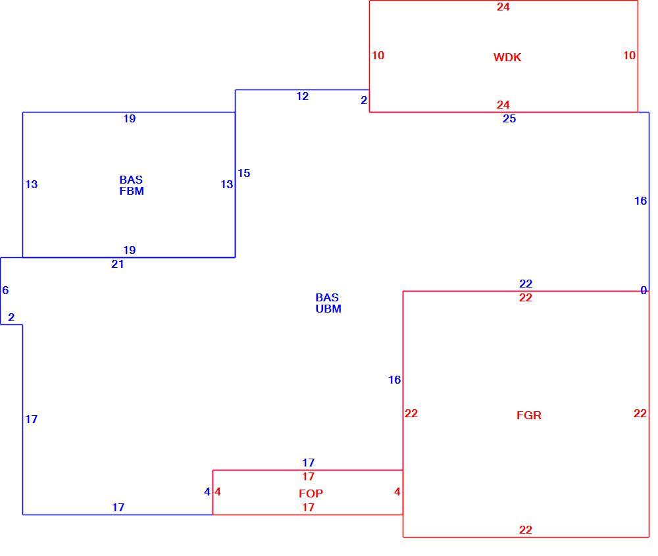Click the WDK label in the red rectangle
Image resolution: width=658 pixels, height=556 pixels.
(507, 57)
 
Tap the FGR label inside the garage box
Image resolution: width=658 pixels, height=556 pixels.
(529, 415)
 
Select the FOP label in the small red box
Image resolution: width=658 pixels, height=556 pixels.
(311, 493)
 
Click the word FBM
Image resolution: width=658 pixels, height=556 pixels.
(132, 191)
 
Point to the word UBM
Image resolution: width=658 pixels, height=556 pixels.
(328, 309)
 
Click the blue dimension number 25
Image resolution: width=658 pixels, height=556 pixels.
(509, 118)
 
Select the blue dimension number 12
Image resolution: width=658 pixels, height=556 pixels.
(302, 96)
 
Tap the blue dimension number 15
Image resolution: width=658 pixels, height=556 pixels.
(244, 173)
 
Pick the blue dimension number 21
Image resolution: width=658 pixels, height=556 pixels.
(118, 264)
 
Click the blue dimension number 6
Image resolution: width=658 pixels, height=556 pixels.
(5, 290)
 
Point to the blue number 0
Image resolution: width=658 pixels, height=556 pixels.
(644, 290)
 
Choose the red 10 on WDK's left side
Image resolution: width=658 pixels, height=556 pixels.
(378, 55)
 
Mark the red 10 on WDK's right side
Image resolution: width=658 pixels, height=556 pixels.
(629, 55)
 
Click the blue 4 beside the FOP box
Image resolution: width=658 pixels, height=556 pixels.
(207, 492)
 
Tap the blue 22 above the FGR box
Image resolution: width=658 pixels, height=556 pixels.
(525, 284)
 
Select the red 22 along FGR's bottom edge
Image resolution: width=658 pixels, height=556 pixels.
(525, 530)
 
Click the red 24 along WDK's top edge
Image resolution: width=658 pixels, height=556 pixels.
(503, 7)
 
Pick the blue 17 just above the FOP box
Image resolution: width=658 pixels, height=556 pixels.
(308, 463)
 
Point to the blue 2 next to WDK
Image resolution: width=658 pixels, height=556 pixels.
(364, 100)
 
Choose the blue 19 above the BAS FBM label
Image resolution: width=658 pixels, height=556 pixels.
(129, 118)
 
